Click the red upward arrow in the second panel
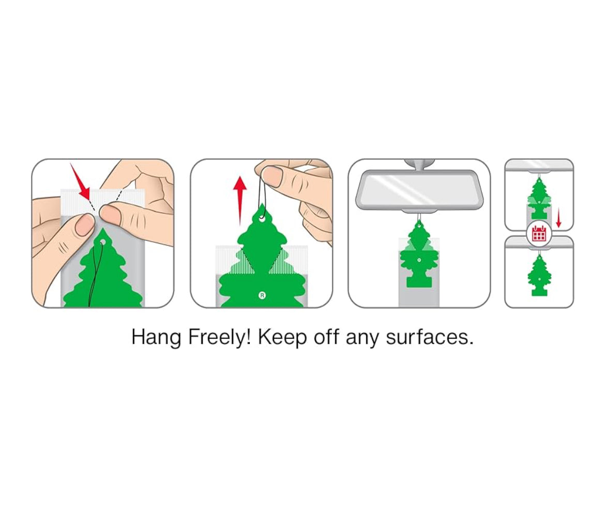240,200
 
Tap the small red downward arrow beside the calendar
558,219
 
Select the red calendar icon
539,233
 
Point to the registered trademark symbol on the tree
262,296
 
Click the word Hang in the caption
156,337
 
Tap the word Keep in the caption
283,337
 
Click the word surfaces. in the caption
429,337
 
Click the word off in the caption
327,337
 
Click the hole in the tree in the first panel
102,242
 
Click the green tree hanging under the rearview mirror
419,255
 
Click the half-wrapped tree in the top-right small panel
539,199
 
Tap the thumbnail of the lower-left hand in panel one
82,226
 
